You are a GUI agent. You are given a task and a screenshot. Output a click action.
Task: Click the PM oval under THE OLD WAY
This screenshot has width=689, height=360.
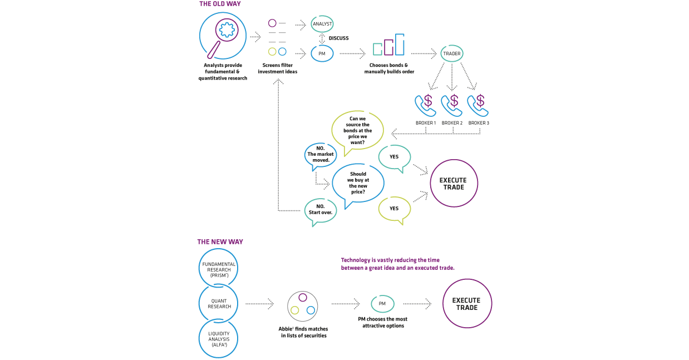[322, 53]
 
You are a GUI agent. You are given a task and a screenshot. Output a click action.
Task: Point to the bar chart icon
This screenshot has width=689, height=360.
[388, 46]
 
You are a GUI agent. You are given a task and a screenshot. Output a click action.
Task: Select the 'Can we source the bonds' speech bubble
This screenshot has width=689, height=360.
[357, 132]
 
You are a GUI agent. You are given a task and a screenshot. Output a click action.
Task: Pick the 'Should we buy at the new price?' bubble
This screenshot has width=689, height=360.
[357, 183]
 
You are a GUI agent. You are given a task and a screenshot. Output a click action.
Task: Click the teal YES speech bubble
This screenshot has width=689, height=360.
[395, 157]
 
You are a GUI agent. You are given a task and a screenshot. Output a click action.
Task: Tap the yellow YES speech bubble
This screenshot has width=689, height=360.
[394, 209]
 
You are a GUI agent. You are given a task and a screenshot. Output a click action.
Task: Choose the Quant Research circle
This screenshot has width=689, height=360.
[218, 304]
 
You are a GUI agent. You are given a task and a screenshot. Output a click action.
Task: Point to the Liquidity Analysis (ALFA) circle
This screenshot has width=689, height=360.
[218, 337]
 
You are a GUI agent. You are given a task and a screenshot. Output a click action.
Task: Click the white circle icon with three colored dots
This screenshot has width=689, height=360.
[303, 305]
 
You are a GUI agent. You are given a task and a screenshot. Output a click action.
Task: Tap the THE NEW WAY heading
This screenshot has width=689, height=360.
[220, 242]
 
